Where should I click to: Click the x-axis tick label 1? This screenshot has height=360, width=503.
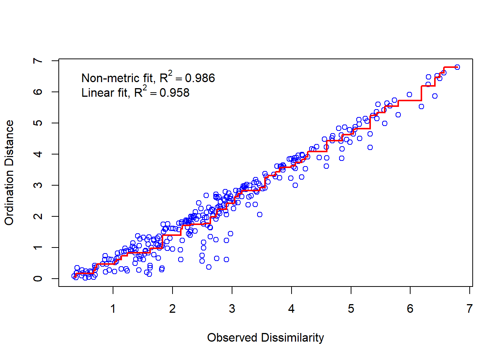(x=113, y=309)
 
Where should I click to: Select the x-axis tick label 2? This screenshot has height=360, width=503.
(x=173, y=309)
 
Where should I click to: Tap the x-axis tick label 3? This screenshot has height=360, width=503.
(x=232, y=309)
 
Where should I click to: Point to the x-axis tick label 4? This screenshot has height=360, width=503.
(x=292, y=309)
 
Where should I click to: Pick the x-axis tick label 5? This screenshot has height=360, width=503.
(x=351, y=309)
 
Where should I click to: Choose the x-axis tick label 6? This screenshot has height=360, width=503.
(x=410, y=309)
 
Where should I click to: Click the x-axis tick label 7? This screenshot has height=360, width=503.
(x=470, y=309)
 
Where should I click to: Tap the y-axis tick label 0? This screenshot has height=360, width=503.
(x=38, y=279)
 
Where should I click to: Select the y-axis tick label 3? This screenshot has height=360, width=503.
(x=38, y=185)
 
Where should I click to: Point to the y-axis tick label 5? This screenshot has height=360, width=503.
(x=38, y=123)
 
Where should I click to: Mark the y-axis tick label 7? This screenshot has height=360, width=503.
(x=38, y=61)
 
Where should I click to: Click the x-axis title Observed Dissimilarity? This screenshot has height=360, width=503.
(x=265, y=337)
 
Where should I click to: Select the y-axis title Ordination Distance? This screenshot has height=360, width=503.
(x=9, y=172)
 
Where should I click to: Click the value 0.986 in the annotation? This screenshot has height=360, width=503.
(x=200, y=78)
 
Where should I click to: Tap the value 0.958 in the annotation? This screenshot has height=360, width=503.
(x=174, y=93)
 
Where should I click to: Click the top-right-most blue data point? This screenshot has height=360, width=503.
(x=457, y=67)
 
